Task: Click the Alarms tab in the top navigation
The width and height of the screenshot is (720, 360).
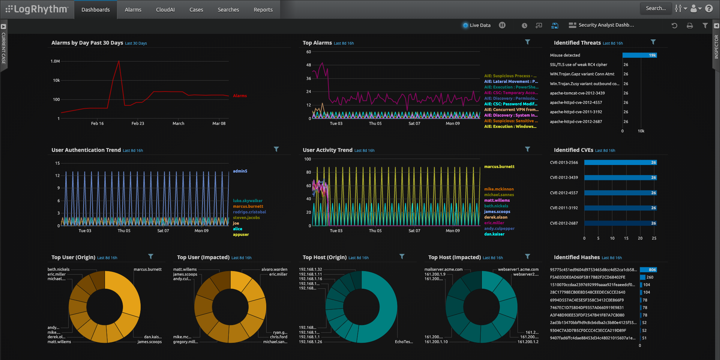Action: pos(133,10)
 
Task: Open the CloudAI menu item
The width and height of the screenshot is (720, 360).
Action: pos(165,10)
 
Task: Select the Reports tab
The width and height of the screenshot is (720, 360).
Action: pos(263,10)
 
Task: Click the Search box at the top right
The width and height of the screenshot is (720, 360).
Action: pos(655,8)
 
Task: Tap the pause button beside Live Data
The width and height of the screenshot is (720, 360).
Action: pos(502,25)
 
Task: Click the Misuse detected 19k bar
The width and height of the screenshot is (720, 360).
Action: pos(639,55)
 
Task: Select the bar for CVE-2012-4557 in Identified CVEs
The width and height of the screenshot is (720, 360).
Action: pos(620,193)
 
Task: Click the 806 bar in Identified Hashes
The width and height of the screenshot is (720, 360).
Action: pos(648,270)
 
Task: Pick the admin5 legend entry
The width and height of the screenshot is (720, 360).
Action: pos(240,171)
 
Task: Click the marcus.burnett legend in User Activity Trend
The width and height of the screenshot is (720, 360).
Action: pos(499,166)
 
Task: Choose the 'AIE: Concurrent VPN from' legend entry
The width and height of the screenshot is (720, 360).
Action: pos(511,109)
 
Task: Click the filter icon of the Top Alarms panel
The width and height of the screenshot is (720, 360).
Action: pos(527,42)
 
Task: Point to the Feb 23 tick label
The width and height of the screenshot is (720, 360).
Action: pos(138,123)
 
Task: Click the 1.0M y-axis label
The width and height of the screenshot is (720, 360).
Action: pos(55,61)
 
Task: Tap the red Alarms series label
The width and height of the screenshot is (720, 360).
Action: pos(240,96)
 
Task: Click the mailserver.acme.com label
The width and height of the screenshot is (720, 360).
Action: pos(443,269)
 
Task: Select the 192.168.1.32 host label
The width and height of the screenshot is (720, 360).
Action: pos(310,269)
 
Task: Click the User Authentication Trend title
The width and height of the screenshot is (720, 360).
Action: pos(86,150)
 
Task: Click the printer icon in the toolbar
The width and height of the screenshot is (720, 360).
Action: pos(690,25)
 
